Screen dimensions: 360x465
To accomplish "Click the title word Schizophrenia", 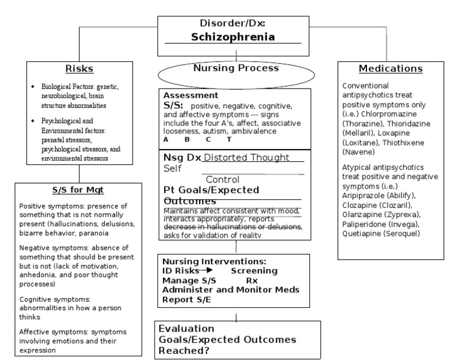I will tap(232, 37).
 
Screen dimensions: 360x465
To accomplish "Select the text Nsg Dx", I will tap(181, 158).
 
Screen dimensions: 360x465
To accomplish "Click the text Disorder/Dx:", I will tap(232, 24).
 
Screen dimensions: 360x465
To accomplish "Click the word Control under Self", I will tap(223, 179).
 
